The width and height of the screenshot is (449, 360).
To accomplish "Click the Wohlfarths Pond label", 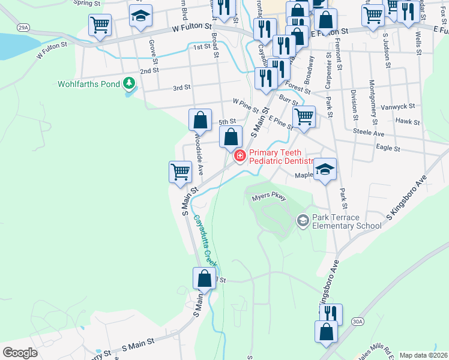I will point(89,84).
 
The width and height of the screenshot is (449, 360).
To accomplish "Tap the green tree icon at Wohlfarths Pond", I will point(128,83).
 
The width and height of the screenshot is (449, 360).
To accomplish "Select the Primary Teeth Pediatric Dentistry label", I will point(282,157).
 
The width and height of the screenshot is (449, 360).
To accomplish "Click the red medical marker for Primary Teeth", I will point(240,156).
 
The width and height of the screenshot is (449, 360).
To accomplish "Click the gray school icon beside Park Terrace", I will point(303,222).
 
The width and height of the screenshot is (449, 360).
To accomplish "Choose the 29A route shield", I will point(23,28).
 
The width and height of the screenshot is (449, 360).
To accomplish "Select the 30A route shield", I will point(358,322).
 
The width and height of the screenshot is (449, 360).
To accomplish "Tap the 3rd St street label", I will point(181,88).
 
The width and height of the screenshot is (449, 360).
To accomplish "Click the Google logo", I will point(20,353).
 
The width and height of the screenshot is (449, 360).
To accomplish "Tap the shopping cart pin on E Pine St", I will point(304,116).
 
